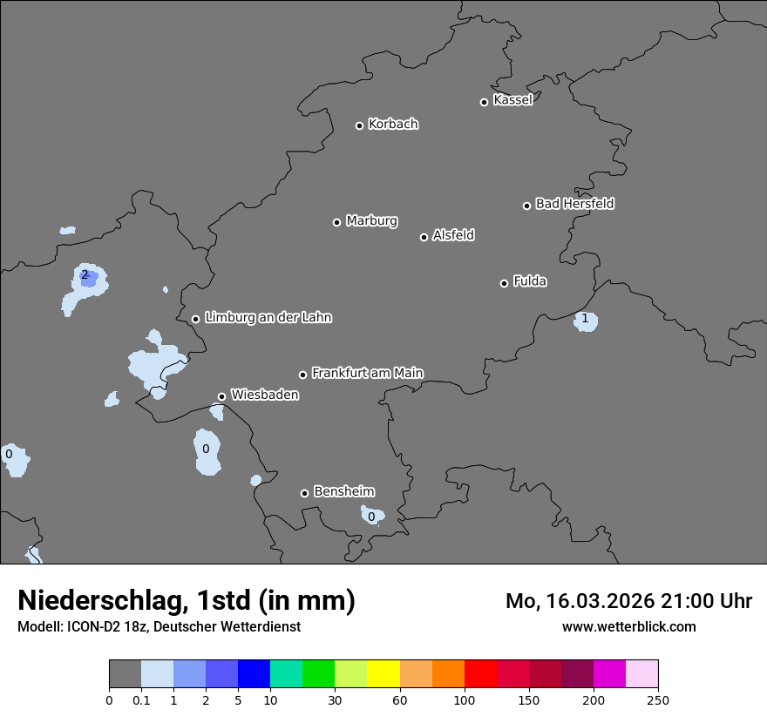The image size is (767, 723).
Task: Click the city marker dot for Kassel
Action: [x=484, y=102]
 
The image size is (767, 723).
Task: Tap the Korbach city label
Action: [x=393, y=124]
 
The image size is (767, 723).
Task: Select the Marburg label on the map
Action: [x=371, y=220]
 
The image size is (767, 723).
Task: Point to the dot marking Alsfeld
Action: [x=424, y=237]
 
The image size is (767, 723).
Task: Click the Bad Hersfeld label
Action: [x=574, y=204]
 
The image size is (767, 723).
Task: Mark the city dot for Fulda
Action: [x=504, y=283]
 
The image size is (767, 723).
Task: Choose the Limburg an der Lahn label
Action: [x=268, y=317]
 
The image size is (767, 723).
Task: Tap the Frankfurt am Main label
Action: [x=367, y=373]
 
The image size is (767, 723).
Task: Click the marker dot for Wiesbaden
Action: [x=221, y=396]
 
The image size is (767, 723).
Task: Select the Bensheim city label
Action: [x=343, y=491]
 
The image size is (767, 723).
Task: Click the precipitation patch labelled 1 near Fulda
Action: [x=585, y=320]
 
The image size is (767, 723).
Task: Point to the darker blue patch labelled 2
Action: [x=87, y=277]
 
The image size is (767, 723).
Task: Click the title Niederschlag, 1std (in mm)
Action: [x=187, y=600]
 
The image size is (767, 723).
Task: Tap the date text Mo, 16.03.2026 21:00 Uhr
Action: [x=628, y=601]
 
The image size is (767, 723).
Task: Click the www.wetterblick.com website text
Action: [x=628, y=626]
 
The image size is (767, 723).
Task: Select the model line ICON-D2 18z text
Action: [x=159, y=626]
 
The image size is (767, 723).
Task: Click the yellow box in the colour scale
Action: [x=383, y=674]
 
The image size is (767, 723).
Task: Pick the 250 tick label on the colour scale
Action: [x=658, y=699]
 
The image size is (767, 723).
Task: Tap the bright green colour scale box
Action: [x=319, y=674]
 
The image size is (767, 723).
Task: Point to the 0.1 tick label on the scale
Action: [x=141, y=699]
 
